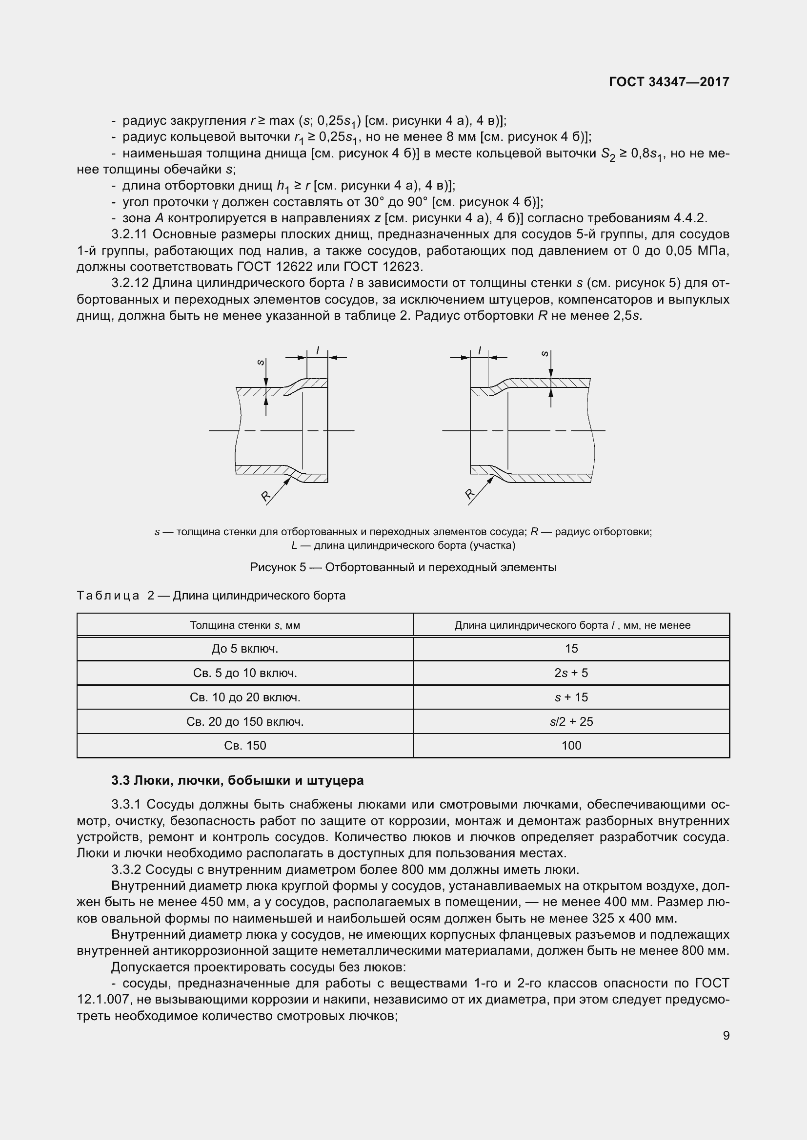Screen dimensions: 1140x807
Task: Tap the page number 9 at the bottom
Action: pyautogui.click(x=726, y=1035)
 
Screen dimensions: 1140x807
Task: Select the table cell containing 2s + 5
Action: pyautogui.click(x=571, y=673)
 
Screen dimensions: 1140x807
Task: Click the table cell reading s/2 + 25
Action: pyautogui.click(x=571, y=721)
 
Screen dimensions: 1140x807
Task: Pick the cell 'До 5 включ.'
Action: pyautogui.click(x=244, y=648)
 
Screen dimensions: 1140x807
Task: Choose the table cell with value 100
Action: pyautogui.click(x=571, y=745)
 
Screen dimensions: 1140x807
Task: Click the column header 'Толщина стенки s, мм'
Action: pyautogui.click(x=244, y=625)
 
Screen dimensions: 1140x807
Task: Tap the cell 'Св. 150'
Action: pyautogui.click(x=244, y=745)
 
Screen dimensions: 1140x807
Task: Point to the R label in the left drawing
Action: pyautogui.click(x=265, y=495)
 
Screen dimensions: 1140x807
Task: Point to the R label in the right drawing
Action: pyautogui.click(x=469, y=493)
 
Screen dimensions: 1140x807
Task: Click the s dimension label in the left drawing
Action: pyautogui.click(x=260, y=363)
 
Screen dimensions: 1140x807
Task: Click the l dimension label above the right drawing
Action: pyautogui.click(x=480, y=350)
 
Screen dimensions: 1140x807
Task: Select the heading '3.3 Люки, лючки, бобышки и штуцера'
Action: pyautogui.click(x=238, y=780)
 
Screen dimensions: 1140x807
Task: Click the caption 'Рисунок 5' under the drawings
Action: pyautogui.click(x=278, y=567)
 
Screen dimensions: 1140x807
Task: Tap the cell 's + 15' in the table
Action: pyautogui.click(x=571, y=697)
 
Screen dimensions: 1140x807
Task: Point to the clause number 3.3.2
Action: pyautogui.click(x=126, y=869)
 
